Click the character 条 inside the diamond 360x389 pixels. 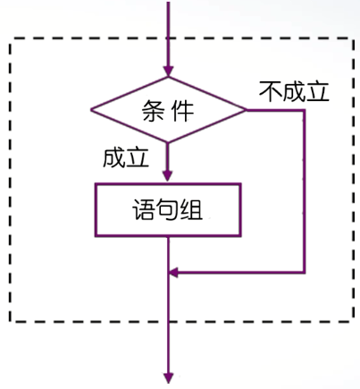point(153,111)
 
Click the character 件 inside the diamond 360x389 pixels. point(183,111)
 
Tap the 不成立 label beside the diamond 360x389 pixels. point(294,91)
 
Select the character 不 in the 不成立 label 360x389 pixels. point(271,91)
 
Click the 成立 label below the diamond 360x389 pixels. point(126,157)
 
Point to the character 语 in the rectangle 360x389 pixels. point(144,209)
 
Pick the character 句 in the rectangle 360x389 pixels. point(167,209)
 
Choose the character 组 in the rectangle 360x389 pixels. point(191,209)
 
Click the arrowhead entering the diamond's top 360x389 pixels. point(168,72)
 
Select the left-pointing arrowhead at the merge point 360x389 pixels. point(173,272)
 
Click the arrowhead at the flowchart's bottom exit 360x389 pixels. point(169,378)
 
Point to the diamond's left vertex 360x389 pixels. point(91,110)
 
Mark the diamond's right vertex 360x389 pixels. point(246,110)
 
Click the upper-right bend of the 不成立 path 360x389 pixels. point(305,111)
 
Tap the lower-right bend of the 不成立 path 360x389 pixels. point(305,272)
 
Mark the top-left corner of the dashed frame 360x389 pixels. point(10,38)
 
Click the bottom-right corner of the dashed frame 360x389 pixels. point(354,322)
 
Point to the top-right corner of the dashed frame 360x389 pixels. point(354,38)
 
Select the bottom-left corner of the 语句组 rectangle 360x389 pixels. point(96,236)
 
